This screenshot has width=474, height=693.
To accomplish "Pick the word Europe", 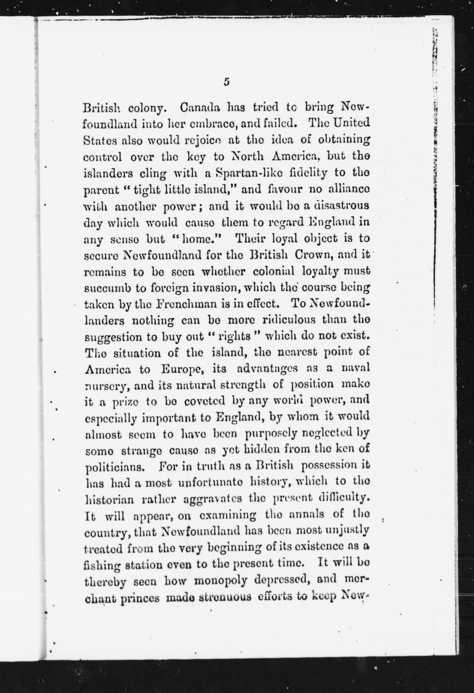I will (178, 369).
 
